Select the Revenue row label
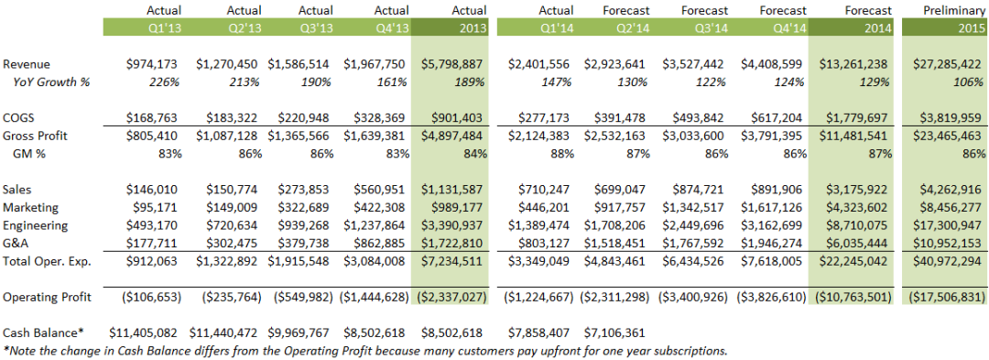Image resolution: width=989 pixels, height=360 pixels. (x=27, y=64)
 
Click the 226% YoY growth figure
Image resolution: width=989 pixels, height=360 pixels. (x=165, y=82)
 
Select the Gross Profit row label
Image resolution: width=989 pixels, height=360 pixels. (x=35, y=136)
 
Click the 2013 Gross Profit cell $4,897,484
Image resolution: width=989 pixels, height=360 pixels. (x=453, y=136)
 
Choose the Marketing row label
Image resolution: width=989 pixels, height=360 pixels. (x=31, y=207)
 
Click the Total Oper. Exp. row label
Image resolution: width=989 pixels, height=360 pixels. (x=48, y=261)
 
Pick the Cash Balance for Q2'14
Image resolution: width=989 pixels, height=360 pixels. (x=615, y=333)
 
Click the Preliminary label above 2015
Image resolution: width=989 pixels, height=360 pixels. (x=954, y=10)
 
